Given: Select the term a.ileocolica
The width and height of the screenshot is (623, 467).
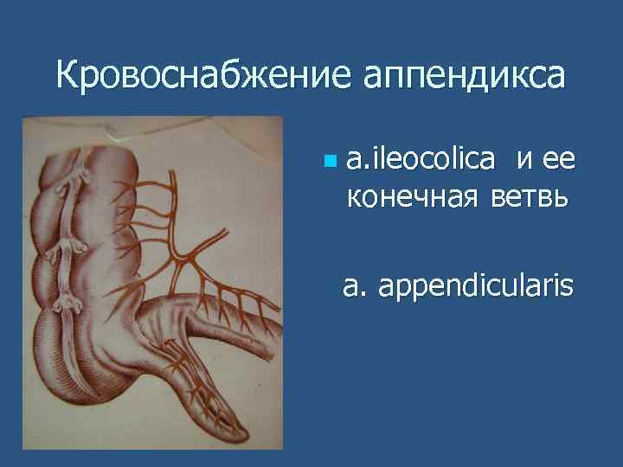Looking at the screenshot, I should [421, 159].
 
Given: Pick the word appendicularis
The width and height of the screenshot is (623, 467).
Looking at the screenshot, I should [475, 285].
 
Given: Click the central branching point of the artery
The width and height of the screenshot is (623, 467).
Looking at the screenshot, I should [184, 256].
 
